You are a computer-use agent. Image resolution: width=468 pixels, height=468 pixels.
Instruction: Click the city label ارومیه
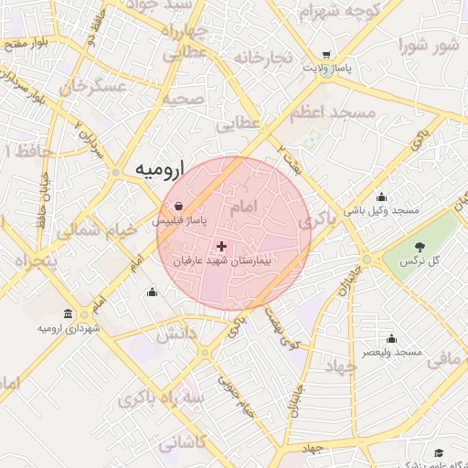(159, 169)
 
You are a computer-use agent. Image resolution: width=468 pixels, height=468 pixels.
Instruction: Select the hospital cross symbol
(221, 246)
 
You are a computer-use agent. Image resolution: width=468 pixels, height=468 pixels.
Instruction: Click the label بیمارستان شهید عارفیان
(222, 261)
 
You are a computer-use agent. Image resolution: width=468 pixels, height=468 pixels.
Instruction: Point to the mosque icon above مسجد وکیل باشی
(381, 197)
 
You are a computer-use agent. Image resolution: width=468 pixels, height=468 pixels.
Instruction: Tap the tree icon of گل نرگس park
(420, 247)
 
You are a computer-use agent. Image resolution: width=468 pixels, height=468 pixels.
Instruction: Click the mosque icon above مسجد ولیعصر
(391, 338)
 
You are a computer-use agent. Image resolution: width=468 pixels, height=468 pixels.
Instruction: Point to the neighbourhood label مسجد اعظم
(333, 112)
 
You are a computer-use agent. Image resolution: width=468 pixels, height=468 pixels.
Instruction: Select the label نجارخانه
(262, 58)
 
